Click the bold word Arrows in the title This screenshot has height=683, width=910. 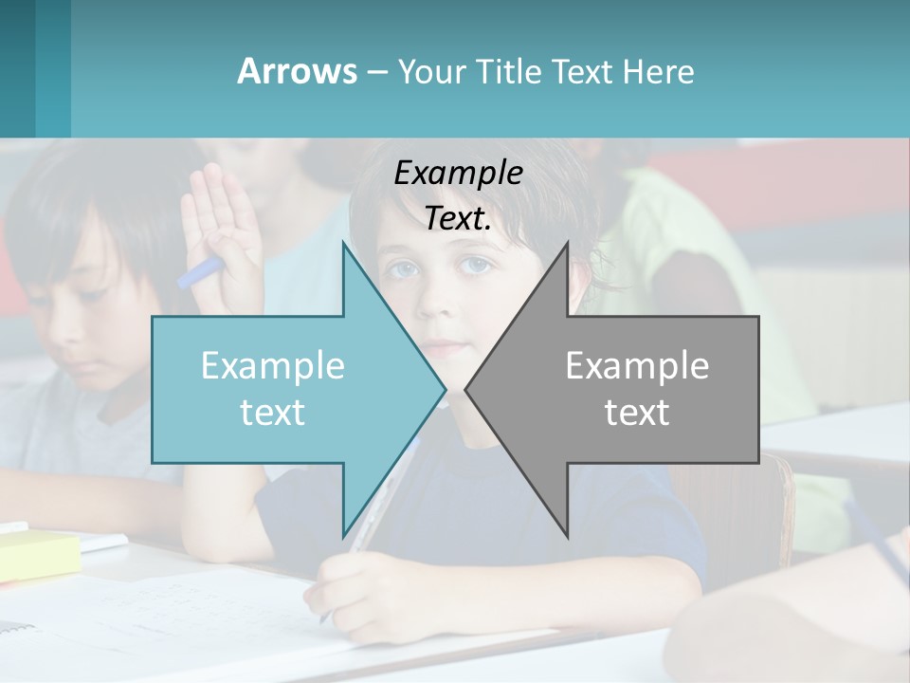coord(297,71)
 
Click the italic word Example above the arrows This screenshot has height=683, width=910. coord(458,173)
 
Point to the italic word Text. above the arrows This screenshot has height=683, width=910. coord(458,218)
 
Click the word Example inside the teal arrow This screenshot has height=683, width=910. coord(273,365)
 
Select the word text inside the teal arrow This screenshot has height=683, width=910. coord(273,412)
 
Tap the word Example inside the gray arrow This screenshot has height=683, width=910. coord(637,365)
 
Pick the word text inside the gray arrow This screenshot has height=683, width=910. coord(637,412)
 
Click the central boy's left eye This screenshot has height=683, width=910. coord(476,265)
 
